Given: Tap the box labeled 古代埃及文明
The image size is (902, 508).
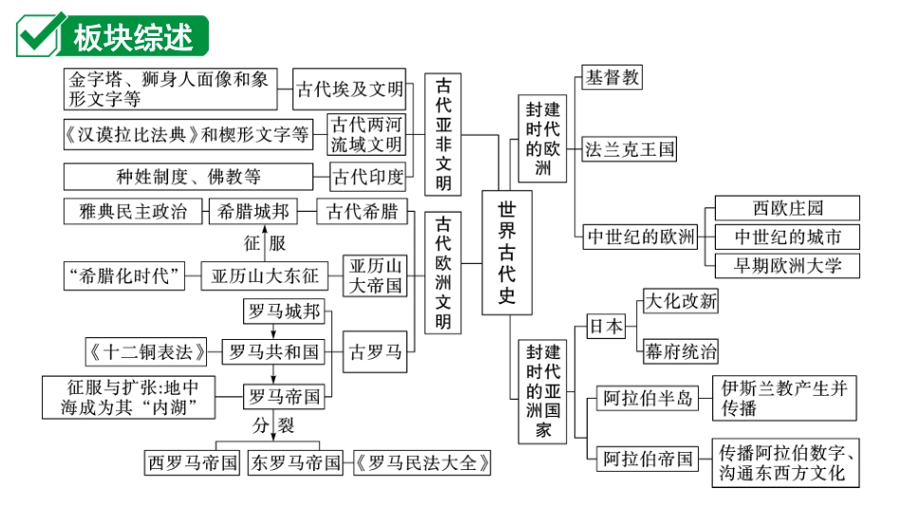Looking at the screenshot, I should (349, 90).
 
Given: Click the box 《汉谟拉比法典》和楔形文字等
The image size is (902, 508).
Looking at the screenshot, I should (188, 135).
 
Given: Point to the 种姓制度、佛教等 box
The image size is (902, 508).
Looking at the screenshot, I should (188, 177).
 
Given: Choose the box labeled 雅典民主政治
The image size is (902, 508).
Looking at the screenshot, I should (133, 211).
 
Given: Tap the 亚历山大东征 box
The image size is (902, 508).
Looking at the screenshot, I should (264, 276).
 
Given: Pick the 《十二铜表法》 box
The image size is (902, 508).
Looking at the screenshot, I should (146, 351).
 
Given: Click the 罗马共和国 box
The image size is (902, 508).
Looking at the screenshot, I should (272, 351).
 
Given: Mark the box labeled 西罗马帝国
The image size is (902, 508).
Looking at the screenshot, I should (193, 463).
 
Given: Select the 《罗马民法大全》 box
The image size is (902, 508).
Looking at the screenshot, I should (423, 463).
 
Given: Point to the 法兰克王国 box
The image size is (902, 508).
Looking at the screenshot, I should (630, 149).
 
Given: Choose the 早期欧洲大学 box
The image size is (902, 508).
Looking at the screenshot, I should (786, 265).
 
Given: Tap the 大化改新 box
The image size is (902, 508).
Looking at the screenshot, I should (680, 302).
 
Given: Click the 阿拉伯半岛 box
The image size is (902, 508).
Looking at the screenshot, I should (648, 399).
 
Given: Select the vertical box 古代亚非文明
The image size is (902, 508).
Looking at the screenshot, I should (443, 134).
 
